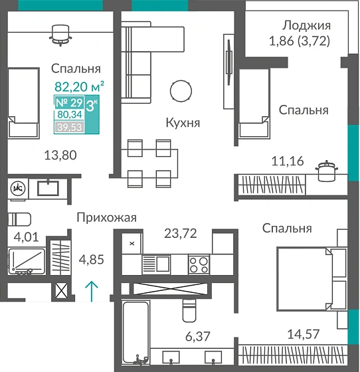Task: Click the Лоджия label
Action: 306,26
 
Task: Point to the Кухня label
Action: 183,123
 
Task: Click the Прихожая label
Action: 106,217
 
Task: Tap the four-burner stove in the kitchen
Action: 199,264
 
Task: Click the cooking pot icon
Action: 325,170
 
